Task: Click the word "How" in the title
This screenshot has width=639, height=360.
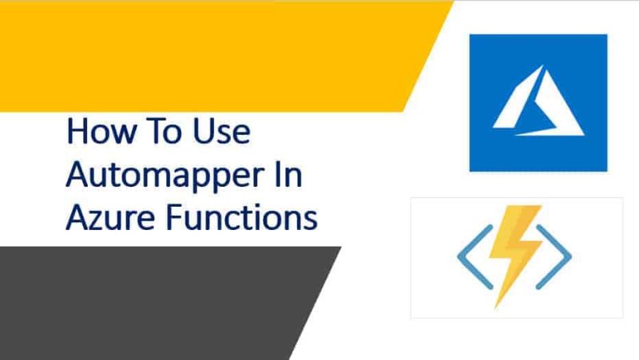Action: coord(101,133)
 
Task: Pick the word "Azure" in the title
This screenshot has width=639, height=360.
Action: coord(107,216)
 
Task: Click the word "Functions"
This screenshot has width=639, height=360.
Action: coord(238,216)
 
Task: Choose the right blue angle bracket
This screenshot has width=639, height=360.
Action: coord(556,255)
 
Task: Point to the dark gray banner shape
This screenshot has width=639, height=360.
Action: coord(144,303)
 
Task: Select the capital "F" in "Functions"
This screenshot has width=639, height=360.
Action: coord(165,216)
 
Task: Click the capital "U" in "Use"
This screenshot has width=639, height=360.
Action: coord(199,133)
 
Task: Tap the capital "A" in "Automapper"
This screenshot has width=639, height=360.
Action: coord(77,174)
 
